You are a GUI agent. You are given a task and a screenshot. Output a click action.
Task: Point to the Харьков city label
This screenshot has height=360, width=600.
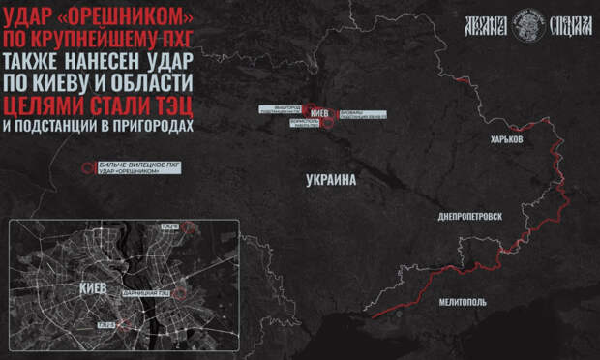pos(505,139)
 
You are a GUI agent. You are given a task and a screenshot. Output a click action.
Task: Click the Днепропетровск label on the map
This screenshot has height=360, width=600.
pos(470,216)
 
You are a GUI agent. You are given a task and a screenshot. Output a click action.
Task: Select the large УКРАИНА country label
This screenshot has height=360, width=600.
pos(331,180)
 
